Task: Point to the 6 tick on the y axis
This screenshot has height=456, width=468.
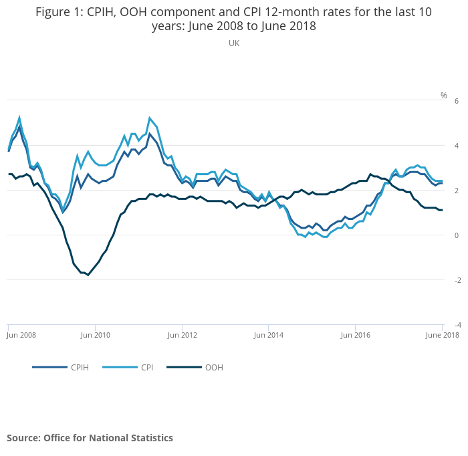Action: point(456,101)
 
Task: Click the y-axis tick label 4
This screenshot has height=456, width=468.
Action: point(456,146)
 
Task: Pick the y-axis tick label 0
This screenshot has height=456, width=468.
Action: point(456,235)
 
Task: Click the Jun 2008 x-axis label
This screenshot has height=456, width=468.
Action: point(21,334)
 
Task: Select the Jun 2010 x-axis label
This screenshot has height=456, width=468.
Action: point(96,334)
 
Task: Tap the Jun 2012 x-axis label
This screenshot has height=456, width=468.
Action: point(183,334)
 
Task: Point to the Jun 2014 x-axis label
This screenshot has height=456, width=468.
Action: point(269,334)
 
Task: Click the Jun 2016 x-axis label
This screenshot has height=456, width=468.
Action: point(355,334)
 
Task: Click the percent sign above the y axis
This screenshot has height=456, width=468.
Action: point(443,96)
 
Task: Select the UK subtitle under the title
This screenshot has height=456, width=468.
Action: point(234,43)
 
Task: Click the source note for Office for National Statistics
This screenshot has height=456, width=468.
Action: point(90,438)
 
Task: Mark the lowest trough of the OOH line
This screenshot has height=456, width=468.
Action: point(88,275)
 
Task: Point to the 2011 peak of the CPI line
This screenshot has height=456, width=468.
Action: point(150,118)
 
